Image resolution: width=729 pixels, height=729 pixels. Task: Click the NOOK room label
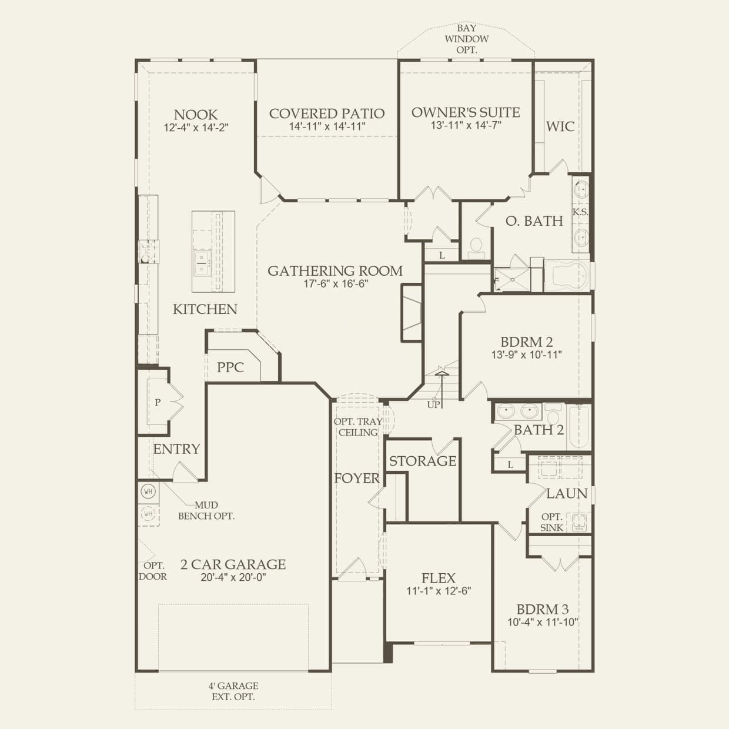[x=196, y=115]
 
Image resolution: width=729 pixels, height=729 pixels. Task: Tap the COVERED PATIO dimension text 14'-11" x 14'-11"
[x=327, y=126]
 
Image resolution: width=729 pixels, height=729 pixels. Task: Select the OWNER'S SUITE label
[x=466, y=112]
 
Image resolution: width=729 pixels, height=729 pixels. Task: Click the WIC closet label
[x=560, y=126]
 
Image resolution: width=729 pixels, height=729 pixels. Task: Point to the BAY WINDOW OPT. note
[x=466, y=39]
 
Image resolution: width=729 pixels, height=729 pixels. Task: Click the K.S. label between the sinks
[x=580, y=212]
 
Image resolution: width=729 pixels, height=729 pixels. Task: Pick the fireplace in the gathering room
[x=412, y=313]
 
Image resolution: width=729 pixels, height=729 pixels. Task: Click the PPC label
[x=230, y=367]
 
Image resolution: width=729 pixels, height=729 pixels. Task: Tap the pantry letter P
[x=158, y=402]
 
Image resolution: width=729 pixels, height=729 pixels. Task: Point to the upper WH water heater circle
[x=148, y=491]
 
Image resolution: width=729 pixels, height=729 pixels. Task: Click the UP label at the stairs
[x=434, y=404]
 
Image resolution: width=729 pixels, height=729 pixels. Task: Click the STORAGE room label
[x=423, y=461]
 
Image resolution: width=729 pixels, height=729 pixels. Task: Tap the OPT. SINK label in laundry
[x=551, y=522]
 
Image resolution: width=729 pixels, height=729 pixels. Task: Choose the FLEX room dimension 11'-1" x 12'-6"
[x=439, y=590]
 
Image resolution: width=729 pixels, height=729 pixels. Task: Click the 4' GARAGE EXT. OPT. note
[x=233, y=691]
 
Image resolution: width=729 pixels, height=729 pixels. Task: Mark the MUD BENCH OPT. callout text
[x=206, y=510]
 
